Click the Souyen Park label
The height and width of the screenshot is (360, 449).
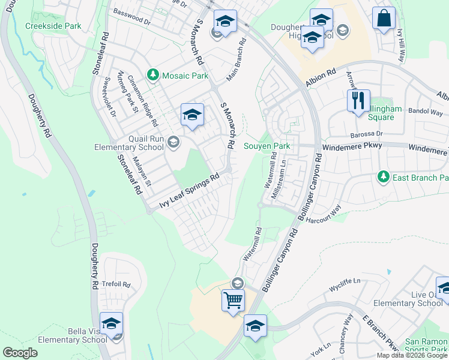(267, 146)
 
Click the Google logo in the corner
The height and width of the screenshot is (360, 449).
(20, 352)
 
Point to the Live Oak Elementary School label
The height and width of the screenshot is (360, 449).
(418, 299)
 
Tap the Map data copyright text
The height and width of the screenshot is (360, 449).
(412, 355)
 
